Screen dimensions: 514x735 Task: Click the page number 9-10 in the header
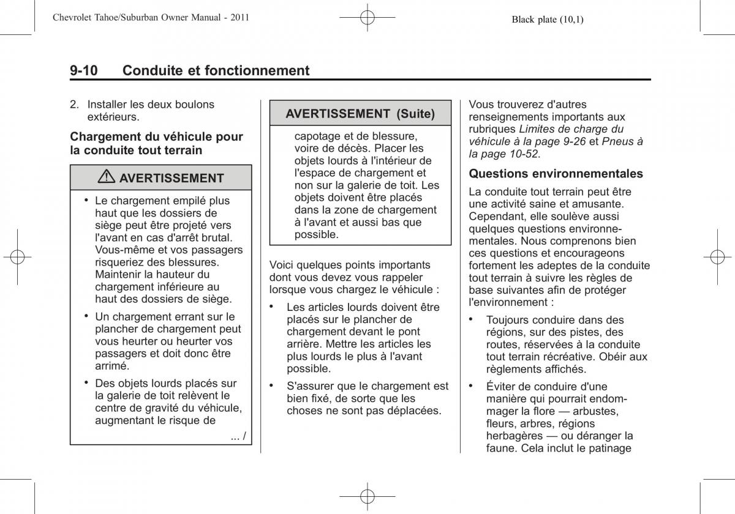click(84, 70)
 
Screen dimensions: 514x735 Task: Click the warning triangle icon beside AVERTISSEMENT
click(108, 178)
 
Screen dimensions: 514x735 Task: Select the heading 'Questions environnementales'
click(556, 174)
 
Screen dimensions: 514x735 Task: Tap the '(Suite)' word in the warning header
click(415, 113)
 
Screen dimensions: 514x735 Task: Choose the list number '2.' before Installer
click(75, 105)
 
